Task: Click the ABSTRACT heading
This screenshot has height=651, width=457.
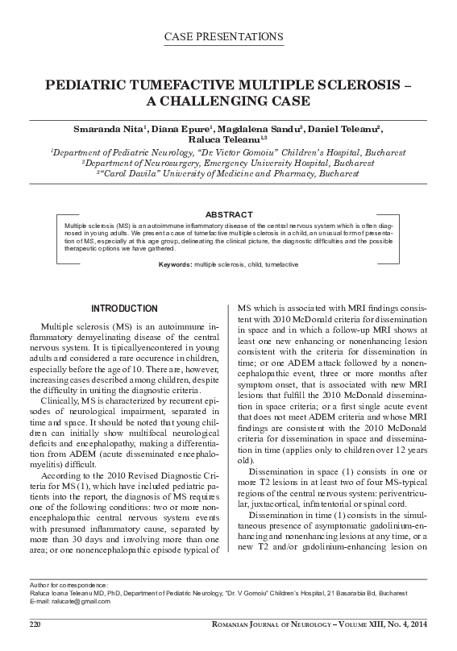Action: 228,215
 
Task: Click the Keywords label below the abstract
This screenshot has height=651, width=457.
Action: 175,264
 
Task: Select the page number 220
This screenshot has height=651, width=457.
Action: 35,625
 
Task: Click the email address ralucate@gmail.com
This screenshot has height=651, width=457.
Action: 80,602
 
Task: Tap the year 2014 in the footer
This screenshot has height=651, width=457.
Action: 414,625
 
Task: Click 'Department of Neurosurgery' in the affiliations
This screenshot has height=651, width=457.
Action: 156,162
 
